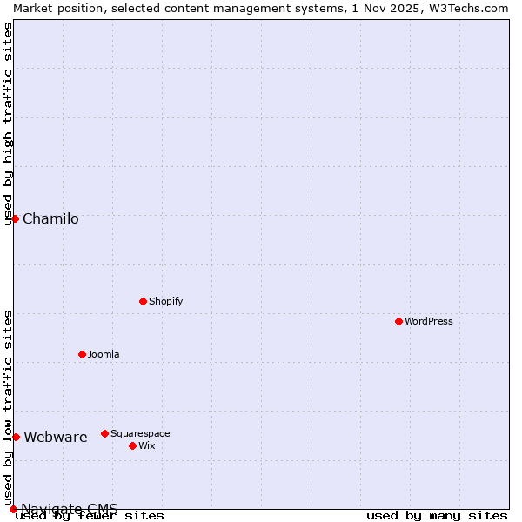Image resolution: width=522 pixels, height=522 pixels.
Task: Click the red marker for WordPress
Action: click(398, 321)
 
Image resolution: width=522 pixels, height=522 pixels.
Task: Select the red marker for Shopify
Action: click(143, 301)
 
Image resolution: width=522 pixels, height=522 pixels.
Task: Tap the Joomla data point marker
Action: click(82, 354)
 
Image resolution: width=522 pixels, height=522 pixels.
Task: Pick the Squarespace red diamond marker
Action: click(104, 433)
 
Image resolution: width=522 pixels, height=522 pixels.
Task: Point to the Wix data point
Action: click(132, 445)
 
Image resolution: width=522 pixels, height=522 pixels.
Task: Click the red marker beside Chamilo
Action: click(15, 218)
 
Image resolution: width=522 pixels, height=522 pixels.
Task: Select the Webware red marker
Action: click(16, 437)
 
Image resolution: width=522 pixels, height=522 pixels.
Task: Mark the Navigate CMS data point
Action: click(13, 509)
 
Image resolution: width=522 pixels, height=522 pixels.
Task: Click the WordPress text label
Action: click(429, 321)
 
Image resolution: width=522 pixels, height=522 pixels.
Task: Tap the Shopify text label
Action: click(165, 301)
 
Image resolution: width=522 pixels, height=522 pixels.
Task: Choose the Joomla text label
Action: click(104, 354)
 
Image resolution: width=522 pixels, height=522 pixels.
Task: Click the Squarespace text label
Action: click(140, 433)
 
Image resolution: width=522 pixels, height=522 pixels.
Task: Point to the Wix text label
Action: click(146, 445)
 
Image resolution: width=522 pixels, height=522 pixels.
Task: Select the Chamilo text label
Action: click(50, 218)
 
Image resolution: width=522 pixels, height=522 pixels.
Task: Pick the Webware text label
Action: click(56, 437)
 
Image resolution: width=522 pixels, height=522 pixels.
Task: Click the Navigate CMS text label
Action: click(70, 508)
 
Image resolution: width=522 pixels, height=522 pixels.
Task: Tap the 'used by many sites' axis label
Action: click(437, 516)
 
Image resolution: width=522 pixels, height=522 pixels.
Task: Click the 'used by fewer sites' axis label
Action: click(90, 516)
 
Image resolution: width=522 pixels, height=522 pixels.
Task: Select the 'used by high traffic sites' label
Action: click(9, 124)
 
